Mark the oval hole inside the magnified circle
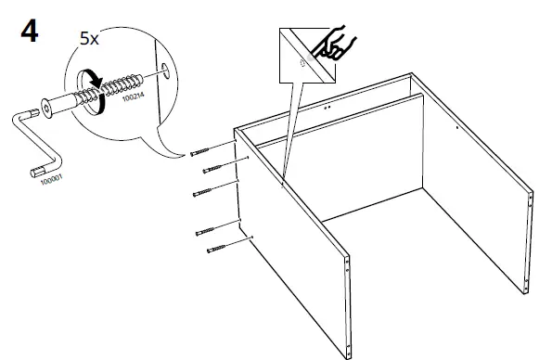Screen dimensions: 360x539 click(163, 69)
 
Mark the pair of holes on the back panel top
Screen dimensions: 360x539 click(327, 108)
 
